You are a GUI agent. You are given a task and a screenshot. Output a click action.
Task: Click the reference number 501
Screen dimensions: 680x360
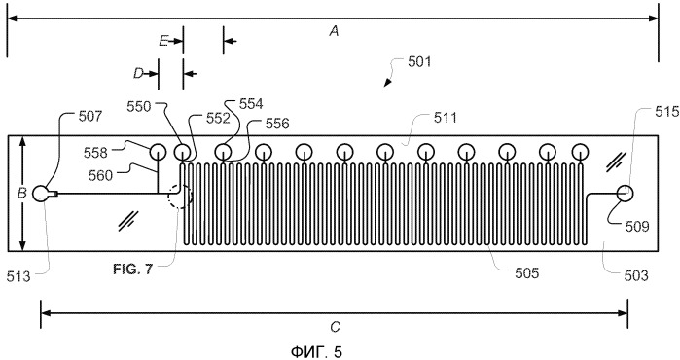tap(419, 61)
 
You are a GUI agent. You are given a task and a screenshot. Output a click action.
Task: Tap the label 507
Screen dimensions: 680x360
tap(89, 116)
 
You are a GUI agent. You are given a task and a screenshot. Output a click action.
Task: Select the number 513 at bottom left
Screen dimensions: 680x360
tap(18, 276)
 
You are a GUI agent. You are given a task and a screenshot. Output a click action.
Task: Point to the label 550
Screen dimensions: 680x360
tap(139, 107)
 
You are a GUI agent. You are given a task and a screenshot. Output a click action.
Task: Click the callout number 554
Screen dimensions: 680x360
tap(251, 104)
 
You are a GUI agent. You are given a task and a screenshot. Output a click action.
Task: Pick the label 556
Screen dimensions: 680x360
tap(277, 124)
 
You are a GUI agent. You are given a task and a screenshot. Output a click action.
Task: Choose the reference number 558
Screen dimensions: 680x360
tap(95, 153)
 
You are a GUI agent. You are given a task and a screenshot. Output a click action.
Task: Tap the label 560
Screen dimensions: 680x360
tap(100, 176)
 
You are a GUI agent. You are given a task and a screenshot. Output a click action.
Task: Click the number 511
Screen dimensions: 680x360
tap(445, 118)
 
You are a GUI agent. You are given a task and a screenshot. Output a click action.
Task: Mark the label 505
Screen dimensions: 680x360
tap(527, 272)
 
